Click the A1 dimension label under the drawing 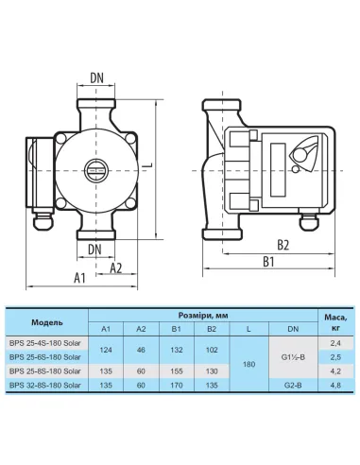(x=79, y=278)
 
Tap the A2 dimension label (x=116, y=267)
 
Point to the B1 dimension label (x=268, y=262)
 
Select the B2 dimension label (x=283, y=245)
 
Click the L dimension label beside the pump (x=149, y=165)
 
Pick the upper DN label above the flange (x=96, y=77)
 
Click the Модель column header (x=47, y=322)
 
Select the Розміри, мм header (x=203, y=316)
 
